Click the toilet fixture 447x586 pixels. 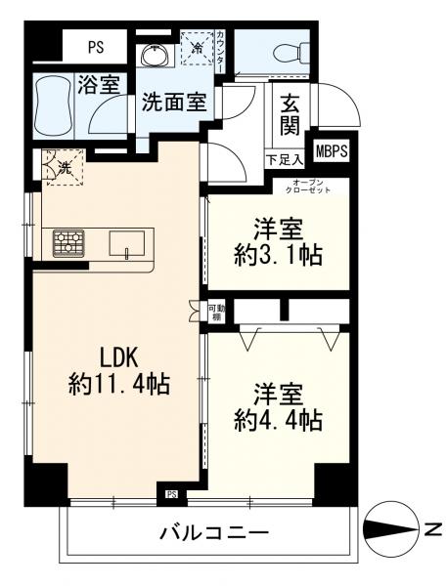pyautogui.click(x=291, y=53)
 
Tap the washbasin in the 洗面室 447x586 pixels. pyautogui.click(x=156, y=56)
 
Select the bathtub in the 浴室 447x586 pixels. pyautogui.click(x=54, y=105)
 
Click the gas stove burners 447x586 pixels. pyautogui.click(x=68, y=243)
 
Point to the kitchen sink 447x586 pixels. pyautogui.click(x=127, y=243)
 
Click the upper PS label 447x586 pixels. pyautogui.click(x=96, y=48)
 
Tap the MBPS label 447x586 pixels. pyautogui.click(x=332, y=151)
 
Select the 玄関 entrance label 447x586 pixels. pyautogui.click(x=291, y=114)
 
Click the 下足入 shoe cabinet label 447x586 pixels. pyautogui.click(x=285, y=160)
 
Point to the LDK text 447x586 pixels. pyautogui.click(x=119, y=357)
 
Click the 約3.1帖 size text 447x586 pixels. pyautogui.click(x=278, y=256)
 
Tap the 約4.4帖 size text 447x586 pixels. pyautogui.click(x=278, y=421)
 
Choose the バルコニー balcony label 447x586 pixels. pyautogui.click(x=214, y=532)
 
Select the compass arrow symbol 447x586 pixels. pyautogui.click(x=391, y=529)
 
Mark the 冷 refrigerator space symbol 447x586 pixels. pyautogui.click(x=198, y=48)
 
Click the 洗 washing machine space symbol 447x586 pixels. pyautogui.click(x=64, y=167)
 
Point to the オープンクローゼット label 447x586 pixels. pyautogui.click(x=308, y=187)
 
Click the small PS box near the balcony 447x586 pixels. pyautogui.click(x=171, y=495)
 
